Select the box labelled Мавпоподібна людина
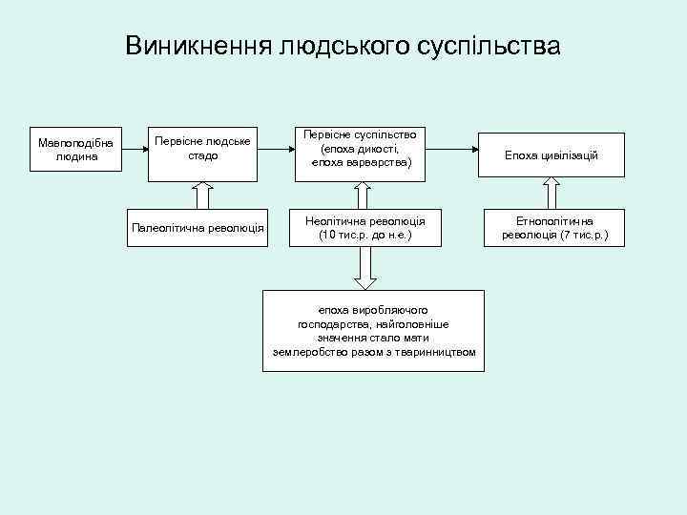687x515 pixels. (x=75, y=150)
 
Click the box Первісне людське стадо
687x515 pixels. (x=202, y=150)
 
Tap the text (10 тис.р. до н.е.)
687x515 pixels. (x=366, y=235)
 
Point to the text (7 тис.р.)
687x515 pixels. (x=577, y=235)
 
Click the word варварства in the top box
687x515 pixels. (x=377, y=163)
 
